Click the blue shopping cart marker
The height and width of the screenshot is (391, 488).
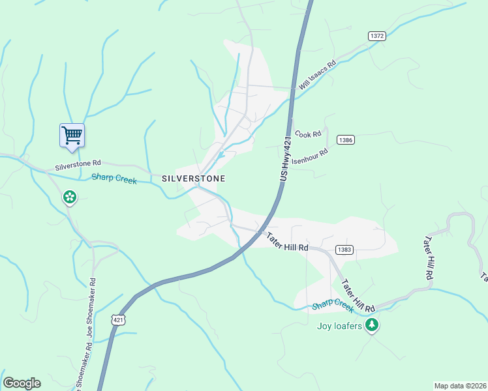coord(72,135)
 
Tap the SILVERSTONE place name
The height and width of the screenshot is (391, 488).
coord(193,178)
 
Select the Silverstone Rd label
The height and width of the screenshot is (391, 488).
coord(78,166)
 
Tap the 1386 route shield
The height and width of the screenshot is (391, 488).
coord(346,140)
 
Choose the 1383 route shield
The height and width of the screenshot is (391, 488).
coord(344,250)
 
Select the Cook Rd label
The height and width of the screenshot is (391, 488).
coord(309,134)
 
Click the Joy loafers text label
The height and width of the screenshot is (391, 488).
coord(339,326)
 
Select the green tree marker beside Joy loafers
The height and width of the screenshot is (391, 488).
coord(372,325)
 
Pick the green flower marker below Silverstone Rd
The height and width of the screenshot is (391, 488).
coord(70,196)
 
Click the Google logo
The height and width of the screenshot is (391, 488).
coord(22,383)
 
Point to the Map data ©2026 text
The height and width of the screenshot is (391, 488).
coord(460,385)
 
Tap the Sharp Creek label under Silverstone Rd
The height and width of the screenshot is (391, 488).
coord(114,178)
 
